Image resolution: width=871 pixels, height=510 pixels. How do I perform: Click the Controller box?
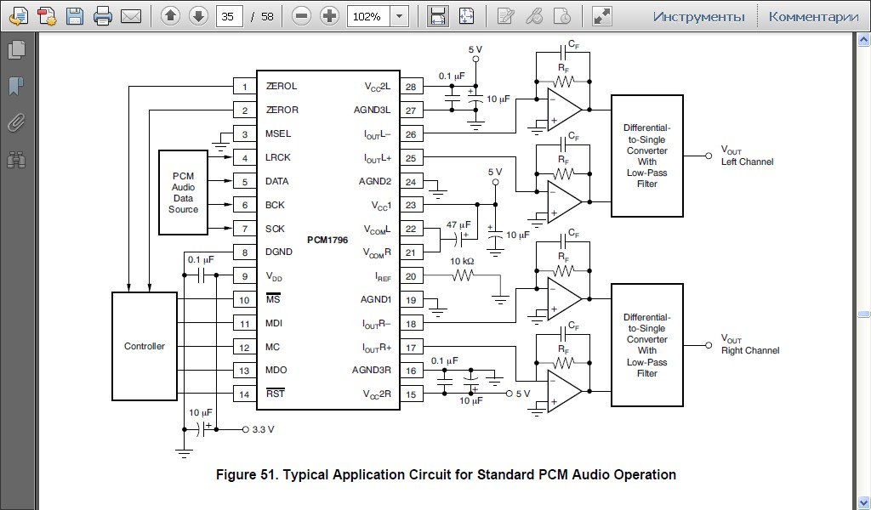coord(144,346)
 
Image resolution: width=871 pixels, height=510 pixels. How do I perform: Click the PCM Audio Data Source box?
coord(183,192)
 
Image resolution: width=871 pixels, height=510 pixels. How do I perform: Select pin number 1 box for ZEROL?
coord(245,87)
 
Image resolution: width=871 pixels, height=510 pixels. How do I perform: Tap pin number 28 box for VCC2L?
coord(411,87)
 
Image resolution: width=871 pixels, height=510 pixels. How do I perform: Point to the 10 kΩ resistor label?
coord(462,261)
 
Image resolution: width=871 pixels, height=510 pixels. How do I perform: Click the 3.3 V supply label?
coord(263,430)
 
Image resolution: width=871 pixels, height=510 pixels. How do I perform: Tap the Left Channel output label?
coord(747,161)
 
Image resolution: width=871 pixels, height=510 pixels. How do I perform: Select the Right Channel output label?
coord(749,350)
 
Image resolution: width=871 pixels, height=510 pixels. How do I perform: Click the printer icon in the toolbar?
coord(103,16)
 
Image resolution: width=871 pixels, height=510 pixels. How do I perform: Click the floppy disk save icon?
coord(75,16)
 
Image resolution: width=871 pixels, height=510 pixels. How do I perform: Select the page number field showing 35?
coord(227,16)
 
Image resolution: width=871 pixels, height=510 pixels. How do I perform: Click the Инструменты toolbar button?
coord(698,16)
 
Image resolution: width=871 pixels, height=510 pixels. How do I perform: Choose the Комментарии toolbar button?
coord(813,16)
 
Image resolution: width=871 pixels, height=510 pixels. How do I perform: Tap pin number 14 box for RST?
coord(245,394)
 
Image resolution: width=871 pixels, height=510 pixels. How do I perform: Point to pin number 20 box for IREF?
coord(411,276)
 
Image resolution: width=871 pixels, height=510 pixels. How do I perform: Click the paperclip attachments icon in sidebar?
coord(15,122)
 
